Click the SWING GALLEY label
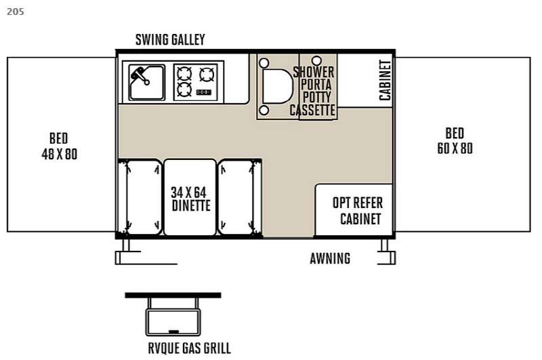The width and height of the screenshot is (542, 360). (x=170, y=39)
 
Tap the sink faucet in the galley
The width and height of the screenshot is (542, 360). (x=140, y=76)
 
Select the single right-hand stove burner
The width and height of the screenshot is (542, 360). (x=207, y=75)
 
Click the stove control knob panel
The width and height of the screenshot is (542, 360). (x=204, y=92)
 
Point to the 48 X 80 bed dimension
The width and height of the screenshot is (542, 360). (x=60, y=154)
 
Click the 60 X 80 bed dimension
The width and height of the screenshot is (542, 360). (x=455, y=148)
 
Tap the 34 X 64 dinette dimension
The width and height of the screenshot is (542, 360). (x=188, y=193)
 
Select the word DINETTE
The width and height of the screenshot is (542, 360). (x=191, y=206)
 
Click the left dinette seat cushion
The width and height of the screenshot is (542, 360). (x=143, y=197)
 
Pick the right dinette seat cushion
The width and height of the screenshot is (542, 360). (x=236, y=197)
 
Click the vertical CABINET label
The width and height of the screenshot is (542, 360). (x=385, y=80)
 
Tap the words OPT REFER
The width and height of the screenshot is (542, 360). (x=358, y=203)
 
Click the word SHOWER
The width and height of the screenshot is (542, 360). (x=314, y=73)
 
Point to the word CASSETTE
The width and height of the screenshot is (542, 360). (x=312, y=111)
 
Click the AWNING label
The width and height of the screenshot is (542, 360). (x=330, y=259)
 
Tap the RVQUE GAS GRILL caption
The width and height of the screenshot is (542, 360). (x=190, y=348)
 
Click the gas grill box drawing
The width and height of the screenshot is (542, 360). (x=173, y=322)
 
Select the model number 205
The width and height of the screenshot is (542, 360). (x=16, y=12)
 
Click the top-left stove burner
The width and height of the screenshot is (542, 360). (x=184, y=74)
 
